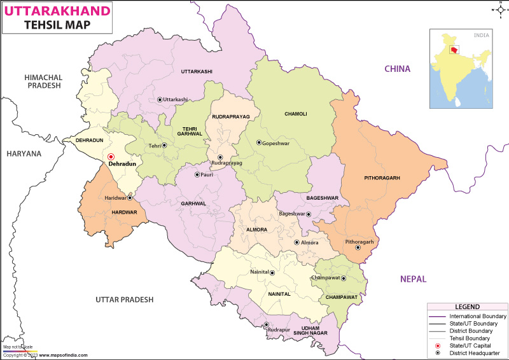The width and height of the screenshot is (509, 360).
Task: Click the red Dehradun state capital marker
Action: point(111,156)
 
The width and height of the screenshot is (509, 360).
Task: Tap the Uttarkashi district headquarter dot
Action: point(160,100)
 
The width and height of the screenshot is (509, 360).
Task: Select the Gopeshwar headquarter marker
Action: point(259,142)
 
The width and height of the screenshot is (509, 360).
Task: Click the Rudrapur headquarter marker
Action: point(267,325)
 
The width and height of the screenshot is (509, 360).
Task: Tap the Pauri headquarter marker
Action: point(197,174)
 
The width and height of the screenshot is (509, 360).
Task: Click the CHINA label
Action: point(396,69)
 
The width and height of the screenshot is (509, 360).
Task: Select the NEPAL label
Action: point(413,279)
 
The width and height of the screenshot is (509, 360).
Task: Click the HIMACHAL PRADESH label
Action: point(42,81)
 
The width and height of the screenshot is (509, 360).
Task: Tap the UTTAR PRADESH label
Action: point(125,299)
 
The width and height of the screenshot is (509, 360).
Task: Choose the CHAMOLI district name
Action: point(295,114)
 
